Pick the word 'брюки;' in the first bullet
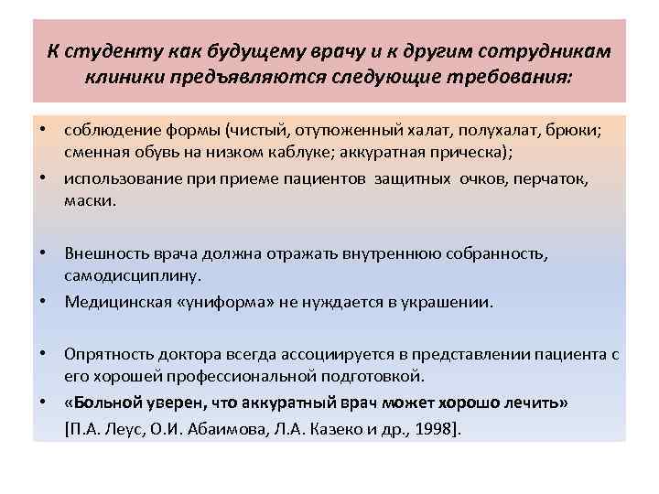point(571,131)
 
